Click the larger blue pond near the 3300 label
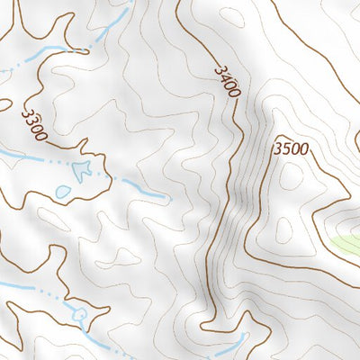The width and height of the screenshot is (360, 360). (x=84, y=169)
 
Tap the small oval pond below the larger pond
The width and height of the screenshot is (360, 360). (x=63, y=192)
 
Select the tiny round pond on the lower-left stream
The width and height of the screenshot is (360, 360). (x=80, y=314)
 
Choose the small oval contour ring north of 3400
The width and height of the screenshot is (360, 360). (x=232, y=15)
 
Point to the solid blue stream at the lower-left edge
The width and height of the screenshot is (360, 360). (x=18, y=286)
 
